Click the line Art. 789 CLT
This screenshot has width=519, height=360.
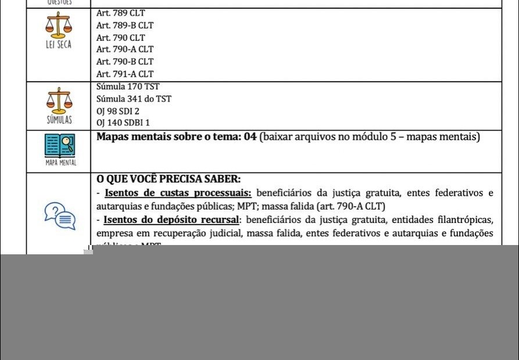point(120,13)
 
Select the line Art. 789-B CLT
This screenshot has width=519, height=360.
point(125,26)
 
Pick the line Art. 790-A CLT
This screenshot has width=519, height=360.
point(125,49)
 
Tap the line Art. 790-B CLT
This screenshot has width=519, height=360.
point(125,62)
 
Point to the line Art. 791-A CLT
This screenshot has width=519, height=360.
point(125,74)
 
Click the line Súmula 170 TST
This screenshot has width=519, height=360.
point(128,87)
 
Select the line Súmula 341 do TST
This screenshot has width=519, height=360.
point(134,99)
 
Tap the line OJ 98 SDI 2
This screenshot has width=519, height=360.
point(118,111)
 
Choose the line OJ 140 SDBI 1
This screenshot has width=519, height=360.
point(123,123)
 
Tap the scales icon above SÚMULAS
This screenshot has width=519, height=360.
point(59,100)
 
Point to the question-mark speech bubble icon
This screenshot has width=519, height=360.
point(60,215)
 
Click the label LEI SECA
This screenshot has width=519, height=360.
point(59,45)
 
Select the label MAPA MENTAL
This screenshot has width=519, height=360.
point(60,163)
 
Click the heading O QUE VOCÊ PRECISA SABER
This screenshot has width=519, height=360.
point(169,179)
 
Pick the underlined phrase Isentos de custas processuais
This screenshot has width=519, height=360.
point(177,193)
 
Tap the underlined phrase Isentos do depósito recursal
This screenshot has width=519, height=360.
point(172,220)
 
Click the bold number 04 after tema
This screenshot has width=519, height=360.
point(250,137)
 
